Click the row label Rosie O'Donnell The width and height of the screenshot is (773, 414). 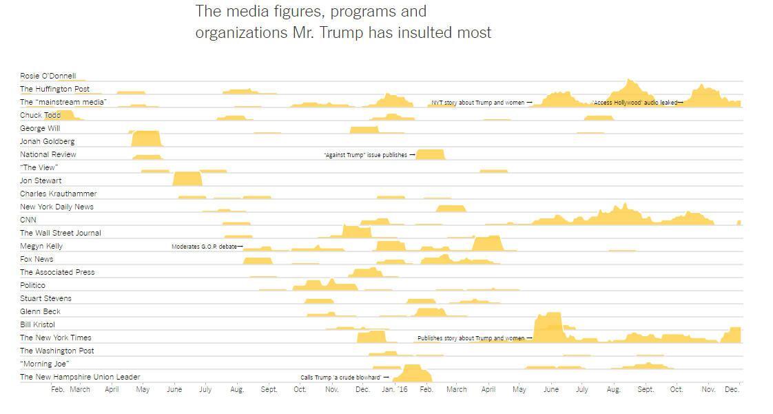point(48,76)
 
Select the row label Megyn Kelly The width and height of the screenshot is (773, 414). point(41,246)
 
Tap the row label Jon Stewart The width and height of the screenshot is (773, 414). point(40,180)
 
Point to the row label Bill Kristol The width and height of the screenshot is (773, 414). point(37,324)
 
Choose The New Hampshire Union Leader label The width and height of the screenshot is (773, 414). point(79,377)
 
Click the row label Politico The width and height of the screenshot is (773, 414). point(32,285)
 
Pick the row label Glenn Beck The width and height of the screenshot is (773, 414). point(40,311)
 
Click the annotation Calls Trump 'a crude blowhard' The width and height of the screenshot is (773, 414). point(340,377)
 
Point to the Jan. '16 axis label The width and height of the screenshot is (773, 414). point(394,390)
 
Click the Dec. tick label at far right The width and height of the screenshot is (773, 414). point(732,390)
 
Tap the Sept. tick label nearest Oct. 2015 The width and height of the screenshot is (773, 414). point(269,390)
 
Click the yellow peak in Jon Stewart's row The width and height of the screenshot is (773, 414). point(187,179)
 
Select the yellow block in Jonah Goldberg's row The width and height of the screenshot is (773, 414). point(146,138)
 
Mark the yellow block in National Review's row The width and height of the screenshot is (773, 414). point(431,154)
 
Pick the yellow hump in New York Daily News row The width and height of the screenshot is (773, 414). point(451,208)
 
